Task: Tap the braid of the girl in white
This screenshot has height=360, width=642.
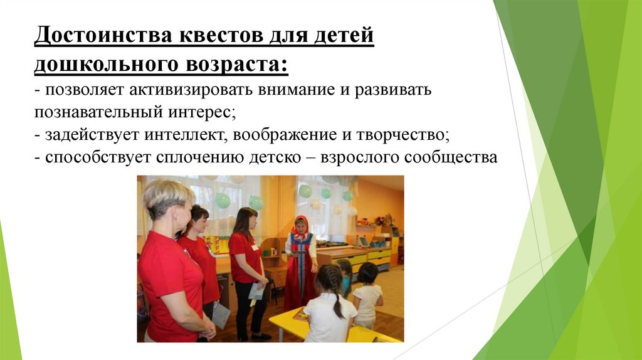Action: pyautogui.click(x=337, y=301)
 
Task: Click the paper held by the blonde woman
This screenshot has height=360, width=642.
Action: pyautogui.click(x=221, y=316)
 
